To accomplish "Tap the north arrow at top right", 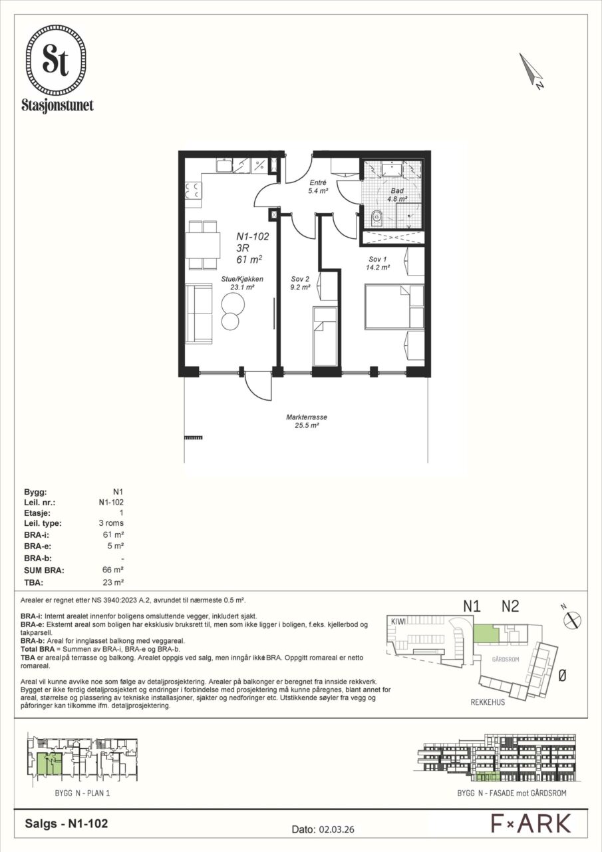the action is (531, 71).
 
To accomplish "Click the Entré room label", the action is (318, 182).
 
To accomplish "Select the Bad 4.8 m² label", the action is (397, 194).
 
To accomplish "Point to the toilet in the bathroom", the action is (376, 219).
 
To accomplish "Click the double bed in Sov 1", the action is (394, 306).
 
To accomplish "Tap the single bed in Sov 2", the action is (325, 336).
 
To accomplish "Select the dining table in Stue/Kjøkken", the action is (203, 246).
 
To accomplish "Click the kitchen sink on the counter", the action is (224, 165).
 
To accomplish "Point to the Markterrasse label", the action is (307, 421).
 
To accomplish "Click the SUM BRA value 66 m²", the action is (113, 570).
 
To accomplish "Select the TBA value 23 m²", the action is (113, 582).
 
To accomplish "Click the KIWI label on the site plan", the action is (398, 621).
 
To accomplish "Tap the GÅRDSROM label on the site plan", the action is (506, 659).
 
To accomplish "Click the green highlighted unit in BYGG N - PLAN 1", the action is (49, 763).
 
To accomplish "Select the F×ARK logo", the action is (531, 823).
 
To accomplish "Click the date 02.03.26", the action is (335, 829).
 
